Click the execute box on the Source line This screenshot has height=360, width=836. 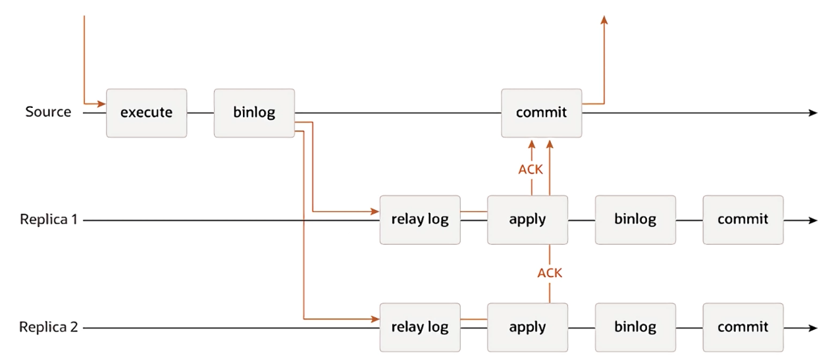click(146, 113)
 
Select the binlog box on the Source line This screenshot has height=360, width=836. click(254, 113)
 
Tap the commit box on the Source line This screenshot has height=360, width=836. click(541, 113)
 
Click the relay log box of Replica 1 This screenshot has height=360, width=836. click(420, 220)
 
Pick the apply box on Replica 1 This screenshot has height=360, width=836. click(527, 220)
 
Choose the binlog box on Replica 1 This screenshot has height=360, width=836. click(635, 220)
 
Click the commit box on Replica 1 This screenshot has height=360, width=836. click(743, 220)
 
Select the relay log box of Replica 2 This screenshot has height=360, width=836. click(420, 327)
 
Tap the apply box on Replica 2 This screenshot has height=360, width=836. click(527, 327)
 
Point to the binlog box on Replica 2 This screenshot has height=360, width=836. click(635, 327)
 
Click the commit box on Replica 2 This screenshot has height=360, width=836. click(743, 327)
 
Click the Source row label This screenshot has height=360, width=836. click(48, 112)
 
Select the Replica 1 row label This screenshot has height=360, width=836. click(49, 220)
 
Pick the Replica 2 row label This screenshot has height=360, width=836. click(49, 327)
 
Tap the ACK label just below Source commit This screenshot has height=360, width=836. click(531, 169)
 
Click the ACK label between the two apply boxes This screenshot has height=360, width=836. click(550, 272)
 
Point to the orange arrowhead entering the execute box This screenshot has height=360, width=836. click(101, 104)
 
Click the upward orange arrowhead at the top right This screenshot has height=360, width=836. click(604, 20)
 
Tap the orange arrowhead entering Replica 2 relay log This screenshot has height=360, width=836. click(375, 319)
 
